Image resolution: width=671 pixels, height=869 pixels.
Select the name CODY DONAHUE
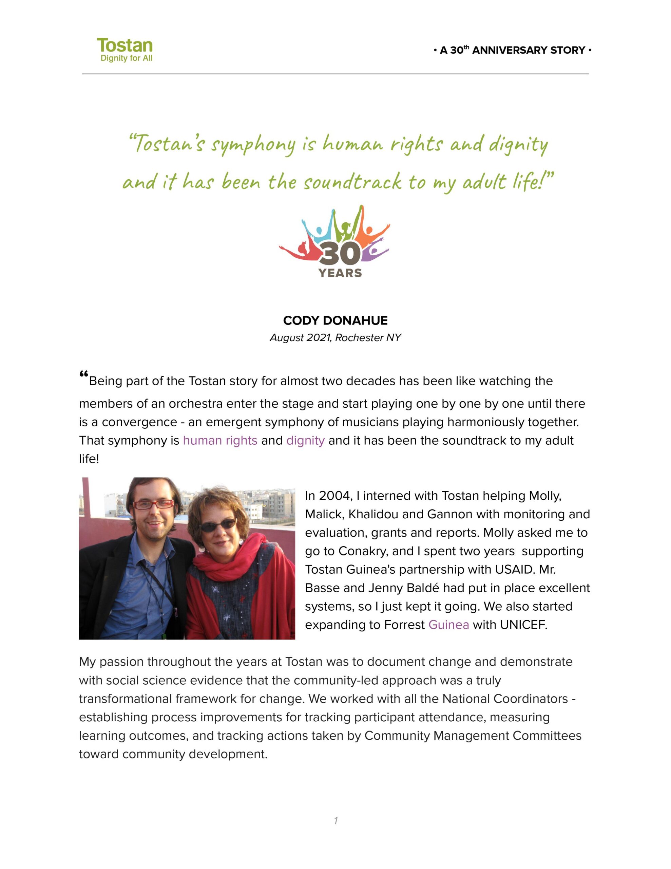click(x=335, y=320)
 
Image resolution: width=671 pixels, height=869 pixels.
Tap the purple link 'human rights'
click(x=220, y=441)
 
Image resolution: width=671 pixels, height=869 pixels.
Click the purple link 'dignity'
click(x=305, y=441)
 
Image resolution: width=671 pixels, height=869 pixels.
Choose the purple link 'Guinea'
click(x=448, y=625)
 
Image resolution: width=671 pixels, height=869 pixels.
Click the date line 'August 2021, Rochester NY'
click(x=335, y=338)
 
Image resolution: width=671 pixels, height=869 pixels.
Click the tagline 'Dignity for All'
click(x=127, y=58)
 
